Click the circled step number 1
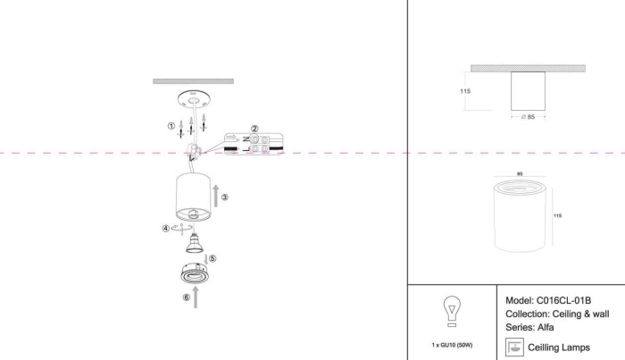(171, 125)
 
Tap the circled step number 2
(254, 129)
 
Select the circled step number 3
(225, 197)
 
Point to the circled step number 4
(166, 229)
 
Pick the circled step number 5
(212, 258)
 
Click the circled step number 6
(186, 298)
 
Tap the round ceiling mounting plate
(194, 97)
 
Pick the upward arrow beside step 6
(196, 300)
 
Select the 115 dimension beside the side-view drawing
(465, 90)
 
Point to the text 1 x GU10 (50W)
(452, 344)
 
